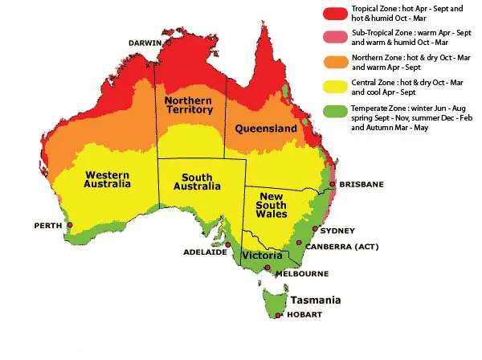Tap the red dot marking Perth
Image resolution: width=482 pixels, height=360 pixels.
70,225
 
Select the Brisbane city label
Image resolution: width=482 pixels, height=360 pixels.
361,184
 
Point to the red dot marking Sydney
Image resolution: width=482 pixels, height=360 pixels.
315,229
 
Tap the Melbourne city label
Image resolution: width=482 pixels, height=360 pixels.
302,273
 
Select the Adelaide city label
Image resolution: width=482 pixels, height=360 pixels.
204,252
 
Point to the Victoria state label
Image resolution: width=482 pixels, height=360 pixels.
262,256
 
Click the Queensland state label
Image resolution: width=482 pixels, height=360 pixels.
266,129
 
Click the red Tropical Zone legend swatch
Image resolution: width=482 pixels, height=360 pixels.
332,13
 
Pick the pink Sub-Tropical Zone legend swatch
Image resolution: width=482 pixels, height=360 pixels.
332,38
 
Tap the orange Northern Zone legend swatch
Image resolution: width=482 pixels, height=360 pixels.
332,63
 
